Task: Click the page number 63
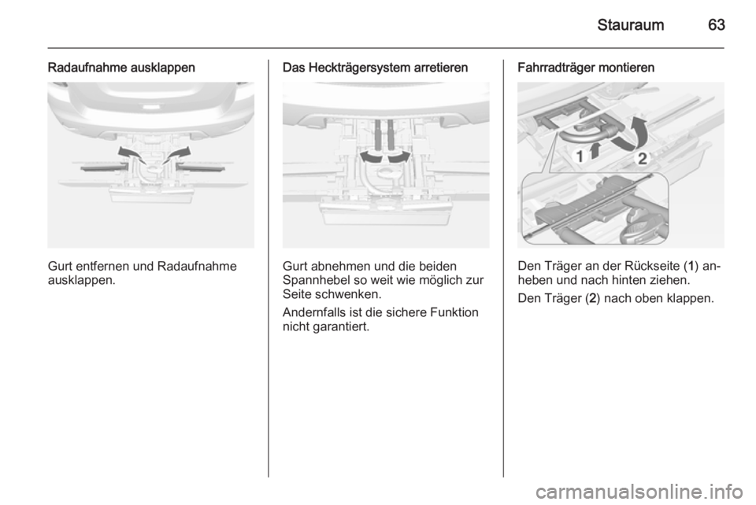[716, 24]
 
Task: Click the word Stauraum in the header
[630, 24]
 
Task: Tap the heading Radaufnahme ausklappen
[121, 68]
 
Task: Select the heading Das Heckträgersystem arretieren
[375, 68]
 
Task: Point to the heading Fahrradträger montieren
[586, 68]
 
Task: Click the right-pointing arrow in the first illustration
[177, 153]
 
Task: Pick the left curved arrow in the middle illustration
[372, 157]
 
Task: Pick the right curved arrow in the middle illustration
[399, 157]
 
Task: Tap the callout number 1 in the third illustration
[580, 156]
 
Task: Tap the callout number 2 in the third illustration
[643, 158]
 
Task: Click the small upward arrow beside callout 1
[595, 149]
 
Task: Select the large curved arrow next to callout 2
[633, 134]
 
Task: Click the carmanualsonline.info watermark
[639, 492]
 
